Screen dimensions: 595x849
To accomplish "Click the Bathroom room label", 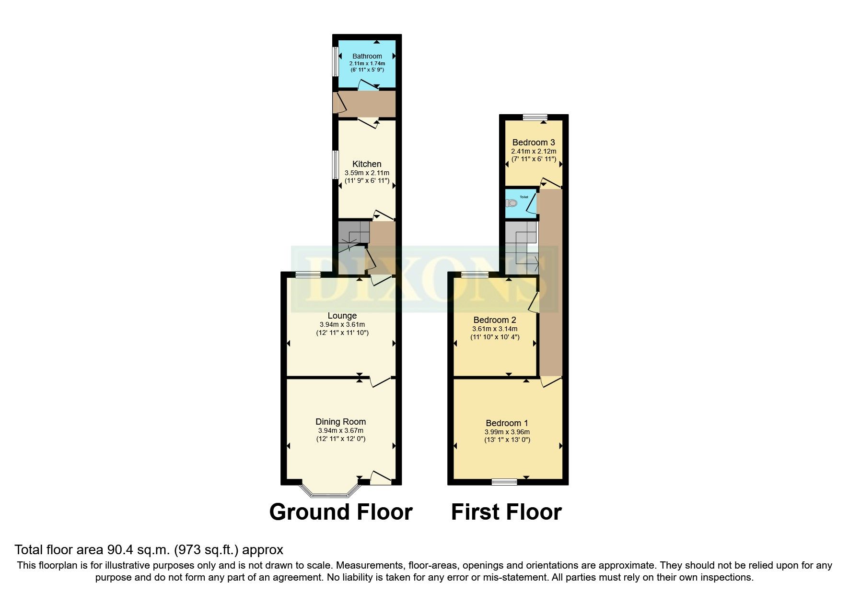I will [367, 56].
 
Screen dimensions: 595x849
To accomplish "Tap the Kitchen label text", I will [367, 164].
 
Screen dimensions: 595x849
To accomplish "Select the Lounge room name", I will [342, 316].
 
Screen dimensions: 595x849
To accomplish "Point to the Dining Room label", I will [340, 422].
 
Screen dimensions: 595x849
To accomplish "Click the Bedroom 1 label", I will [507, 423].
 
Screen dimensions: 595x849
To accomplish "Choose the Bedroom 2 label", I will [495, 320].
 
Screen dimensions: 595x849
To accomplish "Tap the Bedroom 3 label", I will [534, 143].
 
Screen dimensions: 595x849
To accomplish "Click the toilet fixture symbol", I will [511, 203].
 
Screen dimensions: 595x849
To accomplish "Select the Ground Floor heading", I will [341, 512].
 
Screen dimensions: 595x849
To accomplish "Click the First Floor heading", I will [506, 512].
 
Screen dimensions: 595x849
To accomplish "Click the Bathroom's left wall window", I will [336, 61].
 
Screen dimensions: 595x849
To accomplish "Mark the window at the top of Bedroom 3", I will [535, 117].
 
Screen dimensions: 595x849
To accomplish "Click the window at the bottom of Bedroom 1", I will [505, 482].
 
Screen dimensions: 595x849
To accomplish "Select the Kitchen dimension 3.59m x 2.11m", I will [367, 173].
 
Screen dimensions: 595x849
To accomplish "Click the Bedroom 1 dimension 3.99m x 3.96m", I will [507, 432].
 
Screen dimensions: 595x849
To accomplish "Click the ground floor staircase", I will [354, 238].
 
